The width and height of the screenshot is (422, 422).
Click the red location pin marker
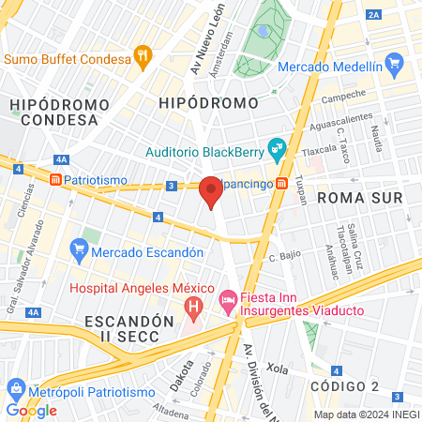211,190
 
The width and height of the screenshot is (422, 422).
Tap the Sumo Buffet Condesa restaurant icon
143,57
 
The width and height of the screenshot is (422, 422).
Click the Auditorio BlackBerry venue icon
276,147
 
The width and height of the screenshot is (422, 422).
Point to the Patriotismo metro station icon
56,178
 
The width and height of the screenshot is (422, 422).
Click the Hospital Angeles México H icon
193,306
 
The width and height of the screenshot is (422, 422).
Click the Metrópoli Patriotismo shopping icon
15,387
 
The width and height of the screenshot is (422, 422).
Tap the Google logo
32,410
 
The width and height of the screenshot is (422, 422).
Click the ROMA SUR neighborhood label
359,198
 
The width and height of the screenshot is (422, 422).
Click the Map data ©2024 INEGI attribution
365,414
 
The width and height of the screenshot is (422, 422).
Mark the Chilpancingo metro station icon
282,183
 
